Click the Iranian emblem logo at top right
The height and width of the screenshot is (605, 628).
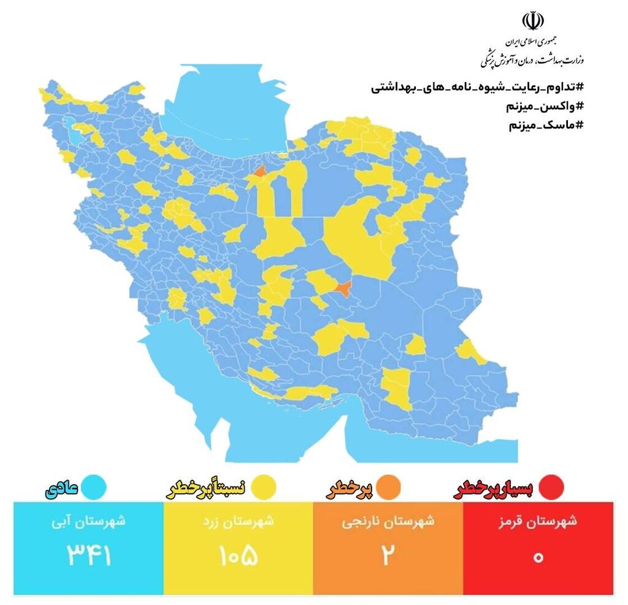click(x=532, y=22)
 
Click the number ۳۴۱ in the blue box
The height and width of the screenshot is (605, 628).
click(x=89, y=556)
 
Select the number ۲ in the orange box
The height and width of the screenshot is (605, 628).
click(x=388, y=556)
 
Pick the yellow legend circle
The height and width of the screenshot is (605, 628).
click(x=265, y=487)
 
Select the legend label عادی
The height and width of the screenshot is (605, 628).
click(x=61, y=489)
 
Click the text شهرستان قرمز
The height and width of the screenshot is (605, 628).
click(x=538, y=522)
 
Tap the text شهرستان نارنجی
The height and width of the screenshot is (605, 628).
click(x=388, y=522)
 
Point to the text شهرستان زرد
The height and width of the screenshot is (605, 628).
click(x=239, y=522)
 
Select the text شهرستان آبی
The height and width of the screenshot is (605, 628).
click(x=88, y=522)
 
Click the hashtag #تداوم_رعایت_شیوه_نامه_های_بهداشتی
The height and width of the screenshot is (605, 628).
click(x=477, y=87)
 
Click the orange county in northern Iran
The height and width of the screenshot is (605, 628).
click(x=259, y=172)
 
